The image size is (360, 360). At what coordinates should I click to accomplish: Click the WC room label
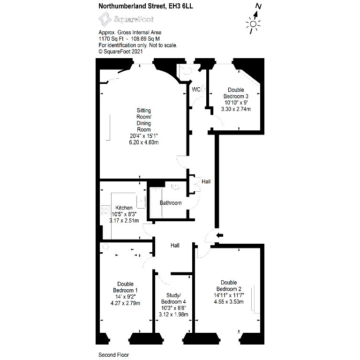point(196,90)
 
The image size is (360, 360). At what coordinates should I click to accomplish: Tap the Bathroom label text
point(171,202)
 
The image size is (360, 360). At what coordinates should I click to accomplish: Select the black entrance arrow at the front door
point(220,235)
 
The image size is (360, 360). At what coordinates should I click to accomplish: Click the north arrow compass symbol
point(254,19)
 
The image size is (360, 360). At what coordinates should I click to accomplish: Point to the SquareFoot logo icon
point(105,19)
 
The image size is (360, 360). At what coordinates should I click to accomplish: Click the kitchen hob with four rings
point(105,210)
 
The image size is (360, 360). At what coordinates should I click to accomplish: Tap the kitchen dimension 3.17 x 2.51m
point(124,221)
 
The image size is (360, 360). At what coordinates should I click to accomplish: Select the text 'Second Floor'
point(113,355)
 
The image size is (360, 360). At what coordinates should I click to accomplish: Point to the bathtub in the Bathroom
point(156,203)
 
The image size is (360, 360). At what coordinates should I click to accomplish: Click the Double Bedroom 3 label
point(236,93)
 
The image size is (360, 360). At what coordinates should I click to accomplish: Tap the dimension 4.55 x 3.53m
point(229,302)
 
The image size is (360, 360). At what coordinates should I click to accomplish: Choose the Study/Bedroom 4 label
point(173,298)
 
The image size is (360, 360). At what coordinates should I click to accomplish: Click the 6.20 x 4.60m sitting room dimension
point(144,142)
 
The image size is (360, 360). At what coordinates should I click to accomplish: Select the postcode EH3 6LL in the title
point(180,6)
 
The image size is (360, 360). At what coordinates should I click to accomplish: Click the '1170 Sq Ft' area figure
point(111,39)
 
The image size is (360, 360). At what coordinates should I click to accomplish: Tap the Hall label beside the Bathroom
point(206,181)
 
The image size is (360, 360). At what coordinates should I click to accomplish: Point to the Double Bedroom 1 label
point(125,287)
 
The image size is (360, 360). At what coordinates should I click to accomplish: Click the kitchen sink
point(141,202)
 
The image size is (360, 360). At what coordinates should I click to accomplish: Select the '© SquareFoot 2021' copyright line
point(120,52)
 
